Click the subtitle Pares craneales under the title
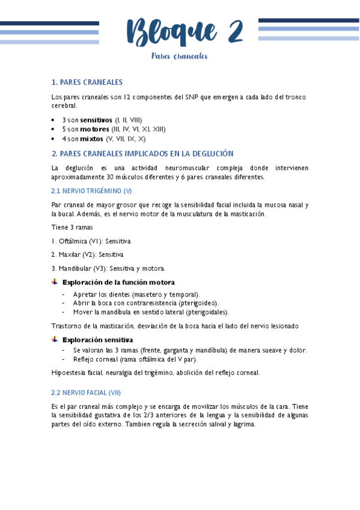[179, 57]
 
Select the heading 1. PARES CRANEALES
[87, 82]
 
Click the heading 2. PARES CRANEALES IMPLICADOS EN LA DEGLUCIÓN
[142, 153]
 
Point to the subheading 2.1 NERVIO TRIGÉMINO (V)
[91, 191]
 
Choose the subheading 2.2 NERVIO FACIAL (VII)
[86, 392]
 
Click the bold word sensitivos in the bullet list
[96, 120]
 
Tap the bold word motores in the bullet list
[94, 129]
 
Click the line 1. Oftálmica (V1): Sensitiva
[91, 241]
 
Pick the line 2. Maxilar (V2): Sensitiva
[88, 254]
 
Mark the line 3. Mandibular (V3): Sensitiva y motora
[108, 268]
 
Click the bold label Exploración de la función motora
[118, 282]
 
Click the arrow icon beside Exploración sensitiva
[55, 340]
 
